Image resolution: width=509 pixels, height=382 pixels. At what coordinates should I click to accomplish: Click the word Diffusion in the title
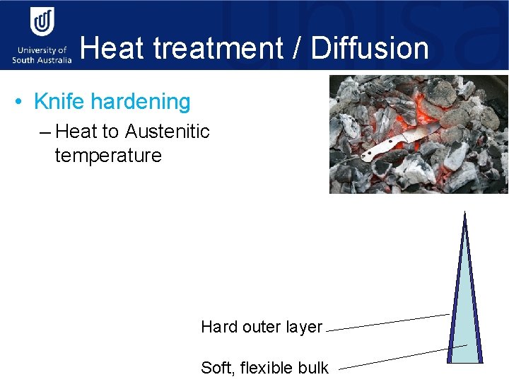(x=370, y=49)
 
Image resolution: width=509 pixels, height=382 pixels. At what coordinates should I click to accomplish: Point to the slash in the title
(x=299, y=49)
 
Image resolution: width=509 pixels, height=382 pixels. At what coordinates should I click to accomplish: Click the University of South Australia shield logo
(x=42, y=23)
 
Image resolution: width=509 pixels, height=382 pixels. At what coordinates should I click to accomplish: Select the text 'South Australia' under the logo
(x=42, y=60)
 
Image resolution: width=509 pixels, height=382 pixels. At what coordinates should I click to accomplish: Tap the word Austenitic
(x=167, y=132)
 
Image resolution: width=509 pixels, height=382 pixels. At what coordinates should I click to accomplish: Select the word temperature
(x=108, y=155)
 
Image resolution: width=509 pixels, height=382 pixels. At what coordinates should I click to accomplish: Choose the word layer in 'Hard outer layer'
(x=304, y=327)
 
